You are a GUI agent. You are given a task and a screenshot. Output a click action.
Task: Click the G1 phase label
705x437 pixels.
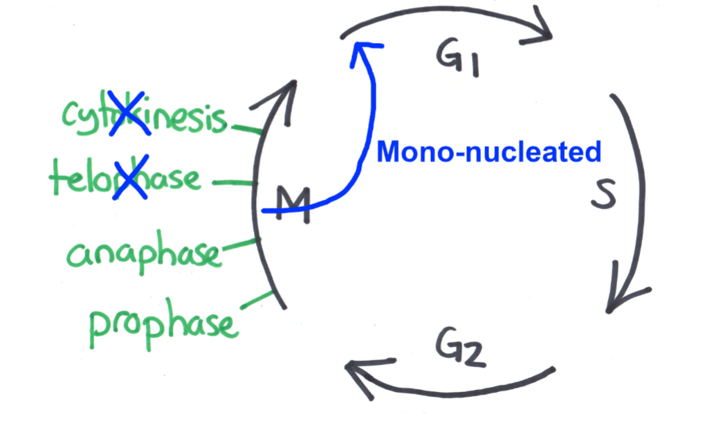pos(459,58)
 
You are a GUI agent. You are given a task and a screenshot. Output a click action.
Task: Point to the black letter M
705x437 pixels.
pos(292,205)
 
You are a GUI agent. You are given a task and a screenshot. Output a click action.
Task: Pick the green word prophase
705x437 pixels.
pos(163,324)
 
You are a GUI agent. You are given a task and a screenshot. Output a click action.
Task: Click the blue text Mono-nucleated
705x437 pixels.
pos(489,152)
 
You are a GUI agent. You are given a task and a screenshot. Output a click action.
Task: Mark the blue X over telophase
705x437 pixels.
pos(129,179)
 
